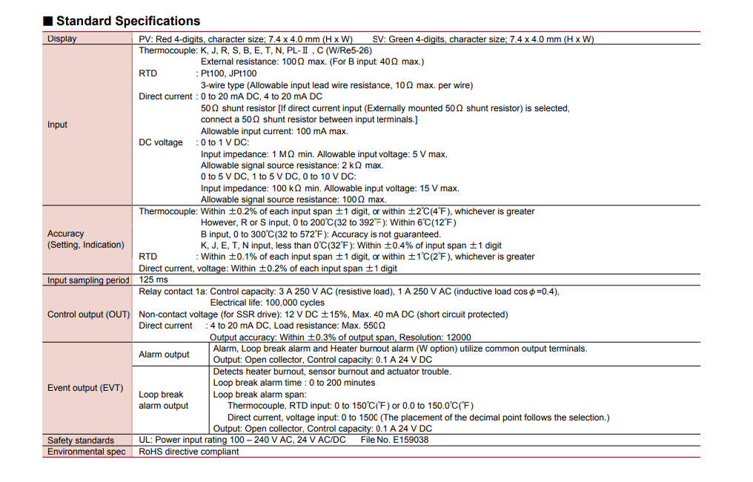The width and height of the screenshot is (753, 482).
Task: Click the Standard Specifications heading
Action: [x=128, y=22]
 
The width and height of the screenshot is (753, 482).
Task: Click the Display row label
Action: [x=62, y=39]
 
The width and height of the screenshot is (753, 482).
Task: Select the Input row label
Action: [x=58, y=125]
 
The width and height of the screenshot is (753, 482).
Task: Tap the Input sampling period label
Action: [x=88, y=280]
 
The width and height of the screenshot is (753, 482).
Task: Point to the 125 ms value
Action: [x=153, y=280]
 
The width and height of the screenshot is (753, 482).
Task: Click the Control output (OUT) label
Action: [x=88, y=314]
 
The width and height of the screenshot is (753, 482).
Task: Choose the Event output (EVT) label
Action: [x=85, y=388]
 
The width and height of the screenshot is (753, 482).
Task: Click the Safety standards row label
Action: [x=81, y=440]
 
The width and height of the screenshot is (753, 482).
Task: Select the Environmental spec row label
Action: [x=87, y=452]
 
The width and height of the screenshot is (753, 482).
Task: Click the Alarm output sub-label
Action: [x=164, y=354]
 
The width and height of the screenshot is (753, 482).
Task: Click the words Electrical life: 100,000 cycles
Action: [x=268, y=303]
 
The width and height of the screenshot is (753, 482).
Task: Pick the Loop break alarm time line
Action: [x=294, y=383]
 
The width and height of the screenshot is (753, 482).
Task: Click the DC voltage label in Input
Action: [x=160, y=142]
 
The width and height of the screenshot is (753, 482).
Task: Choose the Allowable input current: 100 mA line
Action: [x=274, y=131]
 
